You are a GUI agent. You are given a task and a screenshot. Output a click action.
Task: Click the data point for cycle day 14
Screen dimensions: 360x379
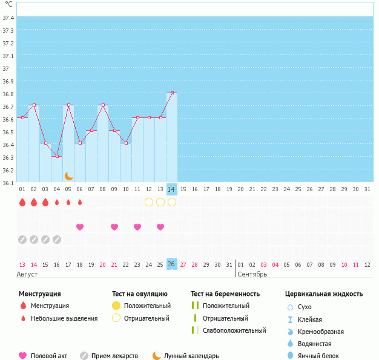click(172, 93)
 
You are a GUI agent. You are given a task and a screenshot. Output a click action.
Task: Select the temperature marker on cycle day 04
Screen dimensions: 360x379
click(57, 156)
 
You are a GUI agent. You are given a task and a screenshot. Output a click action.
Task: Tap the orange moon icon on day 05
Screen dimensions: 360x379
click(69, 176)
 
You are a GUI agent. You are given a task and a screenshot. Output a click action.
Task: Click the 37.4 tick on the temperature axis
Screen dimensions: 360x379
click(8, 18)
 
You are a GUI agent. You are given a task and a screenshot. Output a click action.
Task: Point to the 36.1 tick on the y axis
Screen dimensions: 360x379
click(8, 183)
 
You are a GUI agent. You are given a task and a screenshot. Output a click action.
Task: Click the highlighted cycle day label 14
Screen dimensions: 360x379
click(172, 189)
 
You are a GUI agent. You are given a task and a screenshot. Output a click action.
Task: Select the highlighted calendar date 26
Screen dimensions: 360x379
click(172, 264)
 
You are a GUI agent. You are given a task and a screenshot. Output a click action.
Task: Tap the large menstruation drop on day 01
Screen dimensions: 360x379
click(22, 202)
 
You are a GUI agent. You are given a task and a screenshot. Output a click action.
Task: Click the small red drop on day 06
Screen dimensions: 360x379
click(80, 202)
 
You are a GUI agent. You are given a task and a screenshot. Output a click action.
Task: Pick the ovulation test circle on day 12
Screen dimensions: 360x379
click(149, 201)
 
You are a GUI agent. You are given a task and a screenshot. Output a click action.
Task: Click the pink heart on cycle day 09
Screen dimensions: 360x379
click(114, 227)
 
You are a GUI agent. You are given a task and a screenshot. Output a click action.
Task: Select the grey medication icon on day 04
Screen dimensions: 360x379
click(57, 240)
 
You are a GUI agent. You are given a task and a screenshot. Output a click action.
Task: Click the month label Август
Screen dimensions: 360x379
click(28, 274)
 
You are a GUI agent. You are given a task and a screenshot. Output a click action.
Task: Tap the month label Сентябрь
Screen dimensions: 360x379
click(251, 274)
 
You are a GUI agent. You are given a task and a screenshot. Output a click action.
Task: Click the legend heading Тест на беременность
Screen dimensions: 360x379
click(225, 293)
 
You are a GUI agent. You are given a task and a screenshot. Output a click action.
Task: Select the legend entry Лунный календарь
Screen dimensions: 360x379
click(191, 356)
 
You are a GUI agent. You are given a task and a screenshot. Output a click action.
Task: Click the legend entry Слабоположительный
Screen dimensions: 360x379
click(234, 330)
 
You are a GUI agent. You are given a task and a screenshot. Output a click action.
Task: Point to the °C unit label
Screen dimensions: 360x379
click(8, 4)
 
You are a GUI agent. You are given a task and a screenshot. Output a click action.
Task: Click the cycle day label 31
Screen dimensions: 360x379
click(367, 189)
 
